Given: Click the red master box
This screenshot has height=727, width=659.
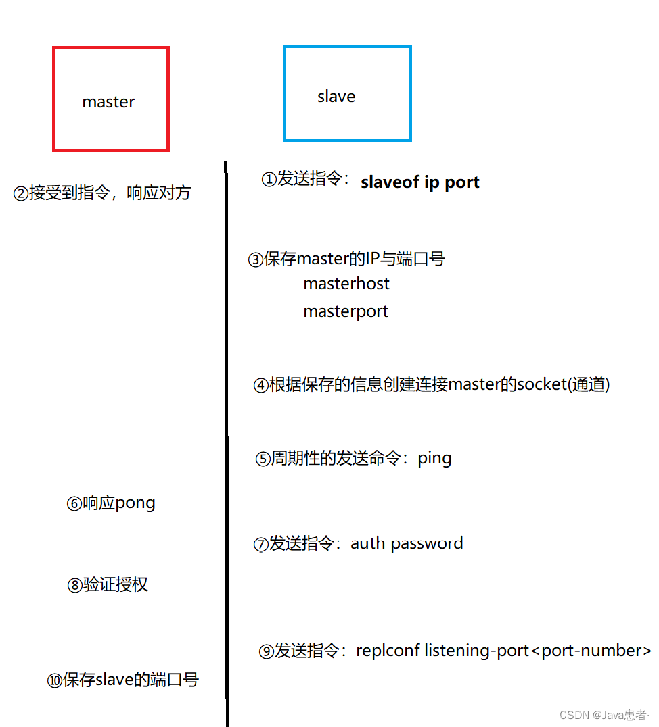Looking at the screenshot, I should pyautogui.click(x=110, y=99).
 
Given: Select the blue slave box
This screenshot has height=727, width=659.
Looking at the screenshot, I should pyautogui.click(x=347, y=93).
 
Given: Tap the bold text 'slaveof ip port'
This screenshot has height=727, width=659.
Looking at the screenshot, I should pyautogui.click(x=420, y=182).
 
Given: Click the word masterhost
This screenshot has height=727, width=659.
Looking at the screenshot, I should pyautogui.click(x=346, y=283).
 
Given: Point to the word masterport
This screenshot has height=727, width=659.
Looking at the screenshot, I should pyautogui.click(x=346, y=311).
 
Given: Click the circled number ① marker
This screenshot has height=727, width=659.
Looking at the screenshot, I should pyautogui.click(x=269, y=180).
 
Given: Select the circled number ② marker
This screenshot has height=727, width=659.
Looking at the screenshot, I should pyautogui.click(x=21, y=194).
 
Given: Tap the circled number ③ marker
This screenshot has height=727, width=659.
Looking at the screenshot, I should pyautogui.click(x=256, y=260).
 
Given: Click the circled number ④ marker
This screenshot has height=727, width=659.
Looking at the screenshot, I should pyautogui.click(x=260, y=386).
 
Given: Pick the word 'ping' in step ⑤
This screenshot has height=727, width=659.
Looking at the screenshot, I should pyautogui.click(x=434, y=458).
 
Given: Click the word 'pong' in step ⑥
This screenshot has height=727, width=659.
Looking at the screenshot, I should pyautogui.click(x=135, y=503).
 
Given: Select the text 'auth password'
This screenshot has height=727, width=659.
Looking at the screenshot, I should pyautogui.click(x=407, y=543).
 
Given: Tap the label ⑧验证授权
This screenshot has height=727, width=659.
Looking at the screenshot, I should pyautogui.click(x=108, y=585).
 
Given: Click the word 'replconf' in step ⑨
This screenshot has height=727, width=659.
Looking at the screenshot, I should pyautogui.click(x=388, y=651).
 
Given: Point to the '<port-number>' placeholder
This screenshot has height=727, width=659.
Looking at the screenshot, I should pyautogui.click(x=591, y=651).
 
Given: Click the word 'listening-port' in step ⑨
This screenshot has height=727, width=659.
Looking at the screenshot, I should pyautogui.click(x=476, y=651).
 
